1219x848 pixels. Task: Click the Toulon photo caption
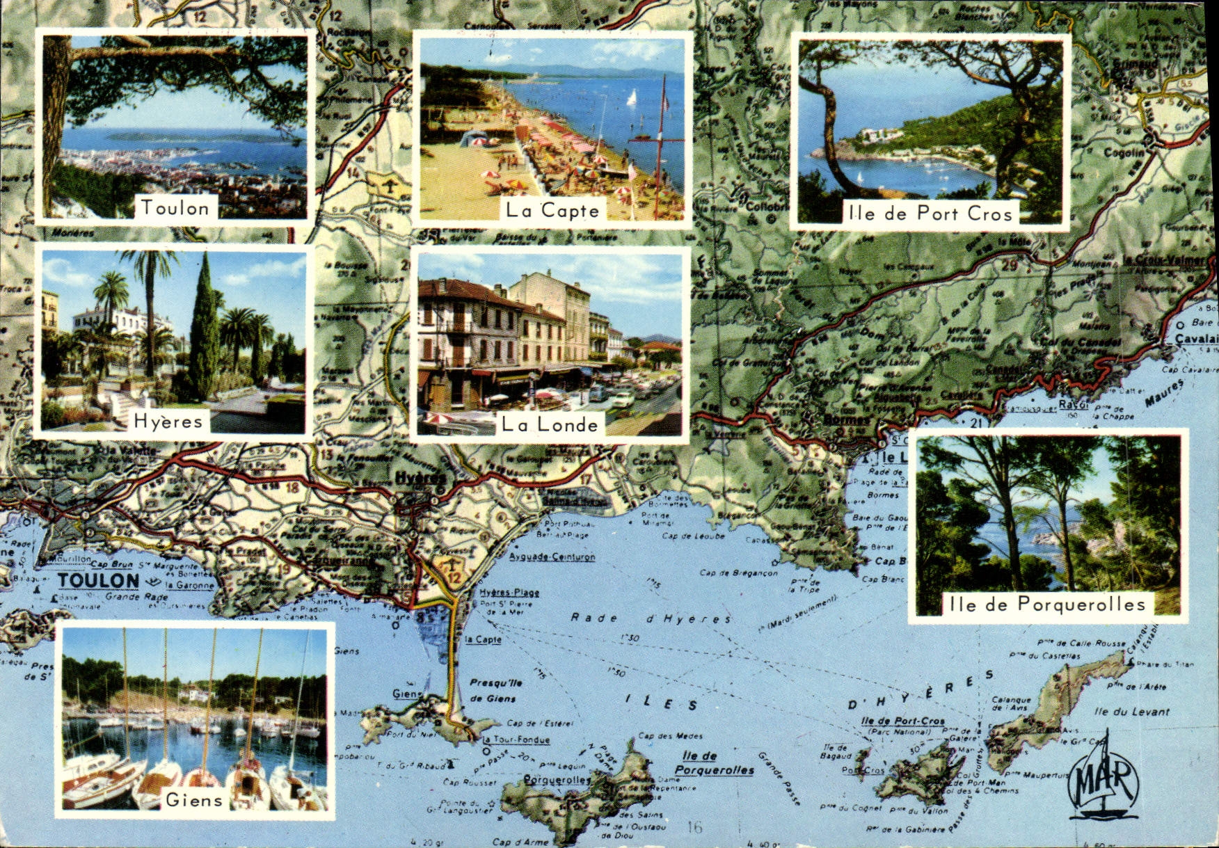[175, 207]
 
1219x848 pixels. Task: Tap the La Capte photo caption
[552, 210]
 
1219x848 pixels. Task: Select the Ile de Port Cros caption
[930, 214]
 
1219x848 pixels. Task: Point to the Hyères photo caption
[168, 421]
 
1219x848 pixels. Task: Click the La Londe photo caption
[550, 424]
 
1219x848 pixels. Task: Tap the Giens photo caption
[194, 800]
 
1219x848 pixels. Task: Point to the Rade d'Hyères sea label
[651, 618]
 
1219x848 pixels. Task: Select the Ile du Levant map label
[1131, 712]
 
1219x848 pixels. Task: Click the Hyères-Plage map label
[509, 593]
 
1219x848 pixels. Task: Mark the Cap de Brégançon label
[738, 573]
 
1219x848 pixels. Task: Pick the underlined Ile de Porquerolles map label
[714, 763]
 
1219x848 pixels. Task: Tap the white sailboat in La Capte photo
[632, 97]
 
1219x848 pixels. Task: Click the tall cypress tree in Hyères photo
[205, 327]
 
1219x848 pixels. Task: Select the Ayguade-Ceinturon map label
[552, 557]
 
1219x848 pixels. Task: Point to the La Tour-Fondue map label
[517, 740]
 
